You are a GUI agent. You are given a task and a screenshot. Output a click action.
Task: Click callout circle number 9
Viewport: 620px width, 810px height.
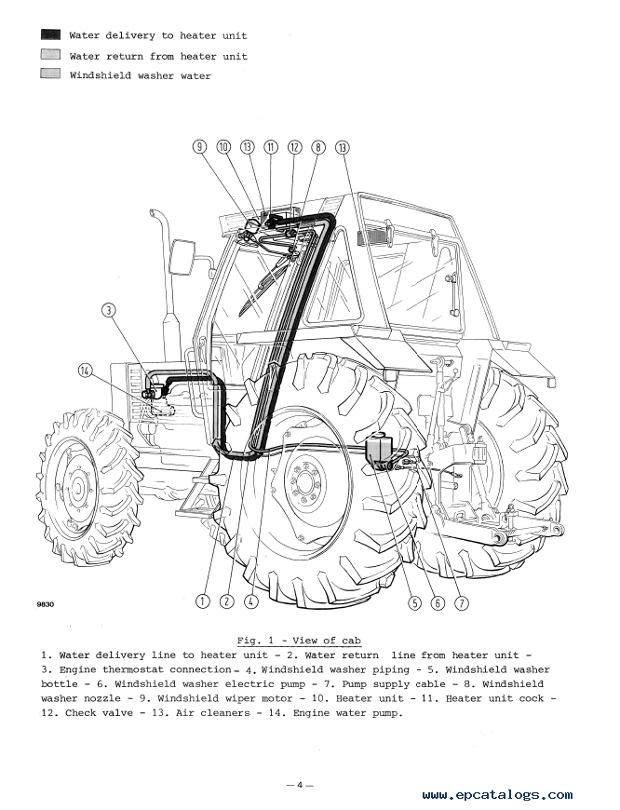click(199, 147)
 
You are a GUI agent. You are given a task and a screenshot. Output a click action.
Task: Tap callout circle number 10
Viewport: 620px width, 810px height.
click(223, 147)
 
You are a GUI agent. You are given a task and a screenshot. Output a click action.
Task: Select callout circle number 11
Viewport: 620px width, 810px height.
click(271, 147)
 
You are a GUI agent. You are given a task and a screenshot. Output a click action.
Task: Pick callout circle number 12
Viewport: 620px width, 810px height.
click(294, 147)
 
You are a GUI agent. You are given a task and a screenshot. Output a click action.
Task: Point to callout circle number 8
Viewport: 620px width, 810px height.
click(318, 147)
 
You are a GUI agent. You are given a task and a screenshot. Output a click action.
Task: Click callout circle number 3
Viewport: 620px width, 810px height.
click(109, 310)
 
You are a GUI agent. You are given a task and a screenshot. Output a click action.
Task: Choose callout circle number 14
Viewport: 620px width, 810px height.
click(86, 371)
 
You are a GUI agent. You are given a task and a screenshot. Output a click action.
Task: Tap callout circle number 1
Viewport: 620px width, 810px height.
click(203, 601)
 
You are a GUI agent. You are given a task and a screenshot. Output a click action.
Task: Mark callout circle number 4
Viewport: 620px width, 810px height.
click(250, 601)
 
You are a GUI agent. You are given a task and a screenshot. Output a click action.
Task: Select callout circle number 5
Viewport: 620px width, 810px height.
click(414, 602)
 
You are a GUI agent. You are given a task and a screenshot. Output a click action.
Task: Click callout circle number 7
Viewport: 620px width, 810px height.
click(462, 602)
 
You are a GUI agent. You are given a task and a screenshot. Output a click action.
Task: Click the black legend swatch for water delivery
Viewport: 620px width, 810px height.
click(50, 34)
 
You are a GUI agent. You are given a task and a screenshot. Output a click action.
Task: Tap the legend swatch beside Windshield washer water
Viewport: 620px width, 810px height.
click(50, 74)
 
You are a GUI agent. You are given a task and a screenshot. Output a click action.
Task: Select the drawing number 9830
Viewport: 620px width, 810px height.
click(46, 604)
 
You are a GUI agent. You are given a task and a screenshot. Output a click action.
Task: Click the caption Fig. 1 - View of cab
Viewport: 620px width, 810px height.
click(299, 641)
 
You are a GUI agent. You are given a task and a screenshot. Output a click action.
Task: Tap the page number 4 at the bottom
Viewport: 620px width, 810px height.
click(300, 785)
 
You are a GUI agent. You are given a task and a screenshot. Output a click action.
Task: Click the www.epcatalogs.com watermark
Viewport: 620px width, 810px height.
click(497, 795)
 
